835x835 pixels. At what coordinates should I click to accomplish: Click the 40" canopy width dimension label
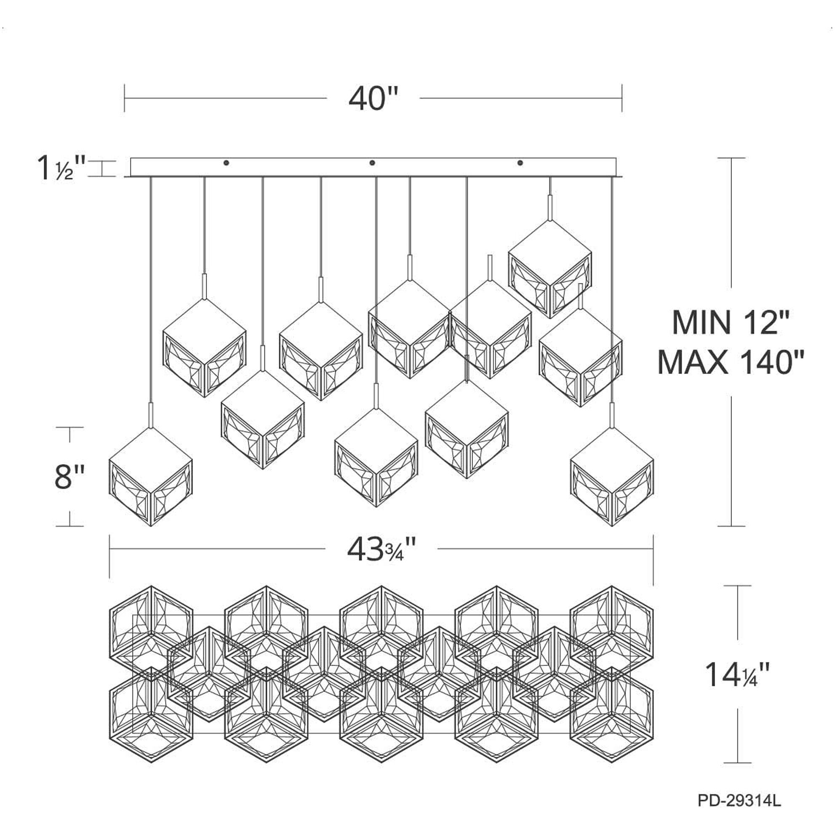point(373,99)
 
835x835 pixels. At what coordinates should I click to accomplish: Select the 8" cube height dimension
point(69,477)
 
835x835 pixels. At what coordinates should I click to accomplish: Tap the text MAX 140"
point(731,363)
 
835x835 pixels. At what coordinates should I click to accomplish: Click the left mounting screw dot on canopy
point(226,163)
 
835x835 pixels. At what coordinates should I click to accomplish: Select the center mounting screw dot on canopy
point(373,163)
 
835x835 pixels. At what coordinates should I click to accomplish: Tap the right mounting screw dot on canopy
point(520,163)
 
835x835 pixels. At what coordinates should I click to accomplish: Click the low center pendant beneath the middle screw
point(376,458)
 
